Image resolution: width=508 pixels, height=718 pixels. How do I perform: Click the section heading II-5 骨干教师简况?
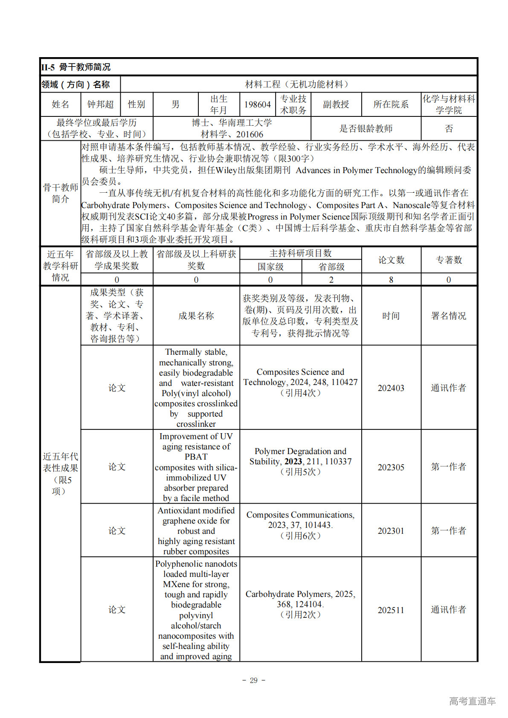pos(76,67)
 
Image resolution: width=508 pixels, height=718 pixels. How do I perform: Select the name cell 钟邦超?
pos(100,104)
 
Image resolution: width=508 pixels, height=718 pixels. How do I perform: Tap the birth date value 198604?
pos(257,104)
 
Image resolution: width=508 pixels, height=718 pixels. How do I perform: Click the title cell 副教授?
pos(336,104)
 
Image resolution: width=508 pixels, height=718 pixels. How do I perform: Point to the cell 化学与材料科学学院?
pos(448,104)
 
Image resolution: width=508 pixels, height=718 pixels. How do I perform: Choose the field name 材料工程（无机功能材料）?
pos(298,84)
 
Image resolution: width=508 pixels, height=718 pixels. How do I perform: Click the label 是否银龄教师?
pos(366,128)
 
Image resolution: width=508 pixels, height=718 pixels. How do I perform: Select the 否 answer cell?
pos(449,128)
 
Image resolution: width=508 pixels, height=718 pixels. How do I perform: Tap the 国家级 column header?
pos(270,267)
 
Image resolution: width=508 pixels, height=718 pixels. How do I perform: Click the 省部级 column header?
pos(331,267)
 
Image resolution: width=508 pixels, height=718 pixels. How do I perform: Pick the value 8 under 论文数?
pos(391,280)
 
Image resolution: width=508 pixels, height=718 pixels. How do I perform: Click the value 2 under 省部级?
pos(331,280)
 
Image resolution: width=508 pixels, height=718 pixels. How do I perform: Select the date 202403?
pos(391,388)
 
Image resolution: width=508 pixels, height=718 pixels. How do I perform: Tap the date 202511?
pos(391,610)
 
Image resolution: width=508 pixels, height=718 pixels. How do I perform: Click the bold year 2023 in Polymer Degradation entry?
pos(293,461)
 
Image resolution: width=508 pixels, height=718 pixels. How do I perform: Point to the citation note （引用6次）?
pos(300,536)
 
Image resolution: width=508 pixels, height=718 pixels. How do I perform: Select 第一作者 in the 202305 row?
pos(448,467)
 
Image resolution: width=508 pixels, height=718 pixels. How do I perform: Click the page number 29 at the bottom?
pos(254,680)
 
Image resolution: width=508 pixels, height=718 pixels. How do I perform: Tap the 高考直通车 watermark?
pos(472,701)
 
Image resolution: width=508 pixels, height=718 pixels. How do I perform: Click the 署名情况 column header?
pos(448,316)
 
